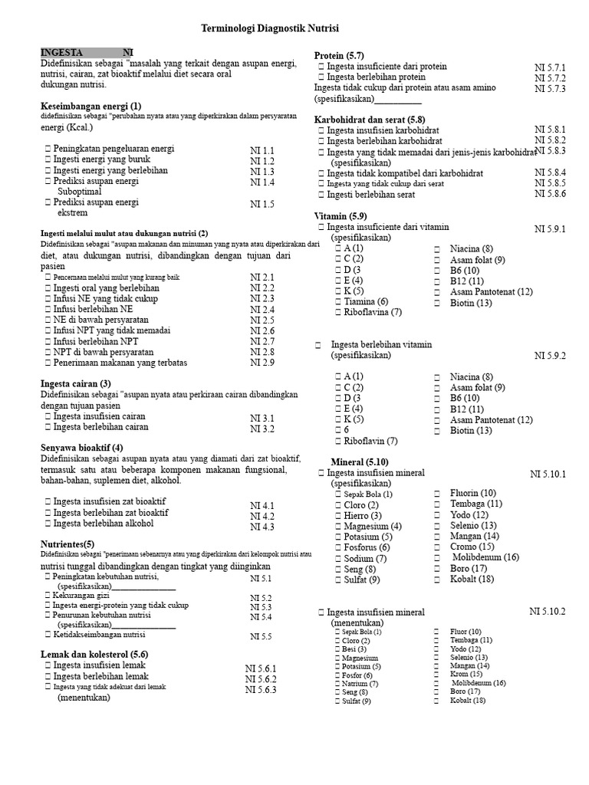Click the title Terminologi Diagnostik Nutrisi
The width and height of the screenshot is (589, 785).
tap(269, 28)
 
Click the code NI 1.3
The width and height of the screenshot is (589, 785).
tap(262, 172)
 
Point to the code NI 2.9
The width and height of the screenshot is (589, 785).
tap(262, 363)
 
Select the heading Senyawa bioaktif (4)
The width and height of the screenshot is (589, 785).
tap(81, 448)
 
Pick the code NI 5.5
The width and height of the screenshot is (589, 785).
tap(261, 636)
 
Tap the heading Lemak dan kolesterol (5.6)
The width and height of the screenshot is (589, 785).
tap(94, 654)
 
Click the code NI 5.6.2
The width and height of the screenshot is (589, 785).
tap(260, 678)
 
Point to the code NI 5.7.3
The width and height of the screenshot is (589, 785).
tap(549, 89)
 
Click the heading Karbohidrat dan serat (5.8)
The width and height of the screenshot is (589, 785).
tap(369, 120)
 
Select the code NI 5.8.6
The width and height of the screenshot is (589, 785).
tap(549, 194)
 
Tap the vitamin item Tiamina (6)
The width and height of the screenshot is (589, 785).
tap(366, 301)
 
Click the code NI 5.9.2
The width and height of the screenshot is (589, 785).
tap(549, 356)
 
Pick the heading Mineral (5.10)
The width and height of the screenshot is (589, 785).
tap(359, 461)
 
